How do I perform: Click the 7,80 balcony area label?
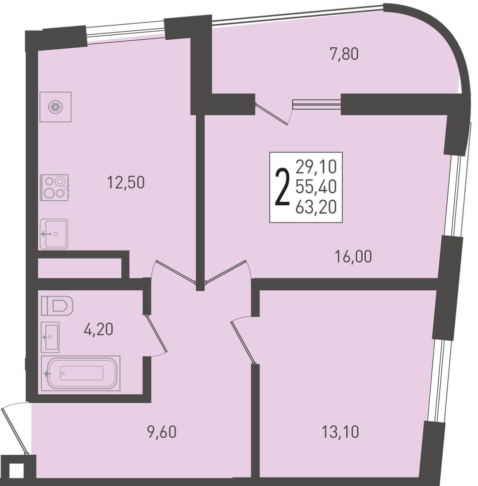344,54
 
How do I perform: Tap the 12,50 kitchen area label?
126,183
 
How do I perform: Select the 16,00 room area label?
353,257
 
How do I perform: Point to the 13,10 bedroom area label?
341,432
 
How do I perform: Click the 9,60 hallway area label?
162,432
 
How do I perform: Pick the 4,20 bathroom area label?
98,329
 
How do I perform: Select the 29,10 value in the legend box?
316,167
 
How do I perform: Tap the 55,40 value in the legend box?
316,187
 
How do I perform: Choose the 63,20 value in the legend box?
316,207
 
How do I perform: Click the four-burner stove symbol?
54,188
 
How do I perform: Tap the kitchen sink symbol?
54,234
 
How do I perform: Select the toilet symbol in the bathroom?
57,305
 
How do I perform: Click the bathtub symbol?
81,373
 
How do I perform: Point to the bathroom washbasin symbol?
50,337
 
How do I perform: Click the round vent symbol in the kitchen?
55,107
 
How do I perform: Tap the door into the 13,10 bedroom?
243,343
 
